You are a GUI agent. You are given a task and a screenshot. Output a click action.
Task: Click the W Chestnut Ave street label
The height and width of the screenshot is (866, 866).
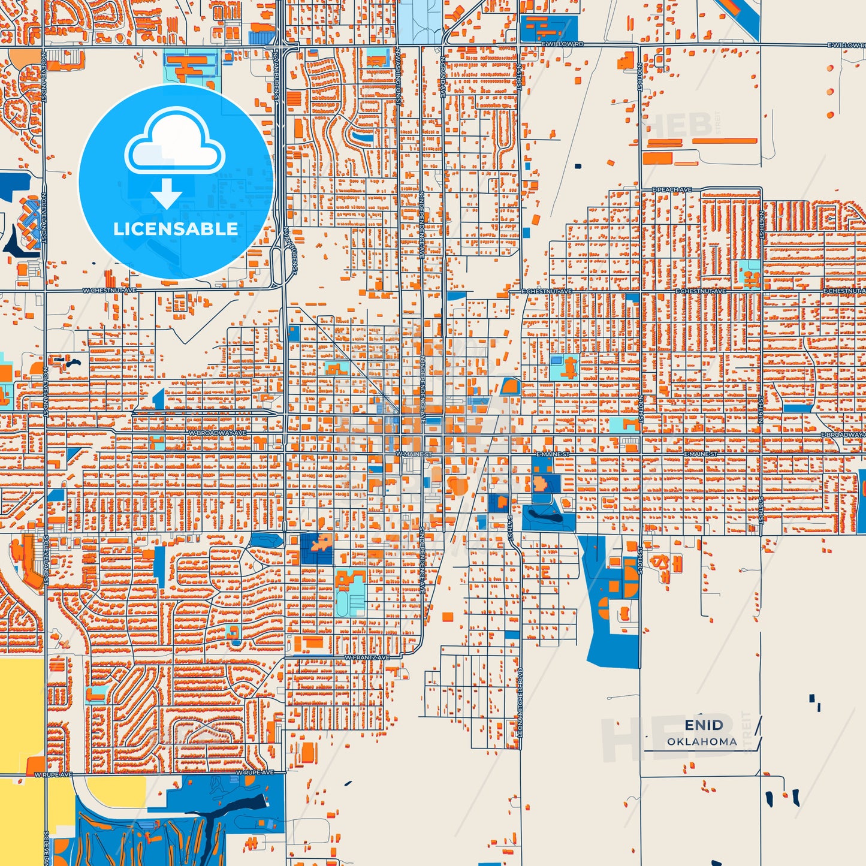click(x=109, y=291)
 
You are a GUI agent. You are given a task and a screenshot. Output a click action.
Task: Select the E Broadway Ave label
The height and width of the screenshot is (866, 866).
click(x=843, y=434)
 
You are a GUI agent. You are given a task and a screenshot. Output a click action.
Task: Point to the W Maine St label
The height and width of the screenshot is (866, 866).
click(x=413, y=454)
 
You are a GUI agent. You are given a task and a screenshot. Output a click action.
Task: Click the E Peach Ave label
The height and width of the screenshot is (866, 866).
click(x=671, y=190)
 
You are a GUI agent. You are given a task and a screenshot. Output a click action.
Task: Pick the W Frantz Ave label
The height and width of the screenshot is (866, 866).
click(x=367, y=657)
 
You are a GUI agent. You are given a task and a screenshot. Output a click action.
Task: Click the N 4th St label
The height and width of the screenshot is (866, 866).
click(x=519, y=76)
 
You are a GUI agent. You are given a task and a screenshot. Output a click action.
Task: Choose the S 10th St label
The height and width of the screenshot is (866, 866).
click(x=640, y=559)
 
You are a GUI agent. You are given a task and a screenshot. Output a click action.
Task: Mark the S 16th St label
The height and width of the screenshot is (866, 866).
click(x=761, y=509)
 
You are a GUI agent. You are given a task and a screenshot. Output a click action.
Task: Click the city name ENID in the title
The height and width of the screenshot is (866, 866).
click(x=704, y=725)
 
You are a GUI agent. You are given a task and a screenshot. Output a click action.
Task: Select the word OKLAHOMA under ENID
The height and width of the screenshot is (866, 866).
click(x=702, y=742)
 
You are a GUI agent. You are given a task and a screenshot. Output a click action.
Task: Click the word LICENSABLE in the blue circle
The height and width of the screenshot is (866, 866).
click(x=176, y=229)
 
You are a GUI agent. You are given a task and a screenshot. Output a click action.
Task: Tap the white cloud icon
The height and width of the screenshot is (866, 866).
click(x=174, y=142)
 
